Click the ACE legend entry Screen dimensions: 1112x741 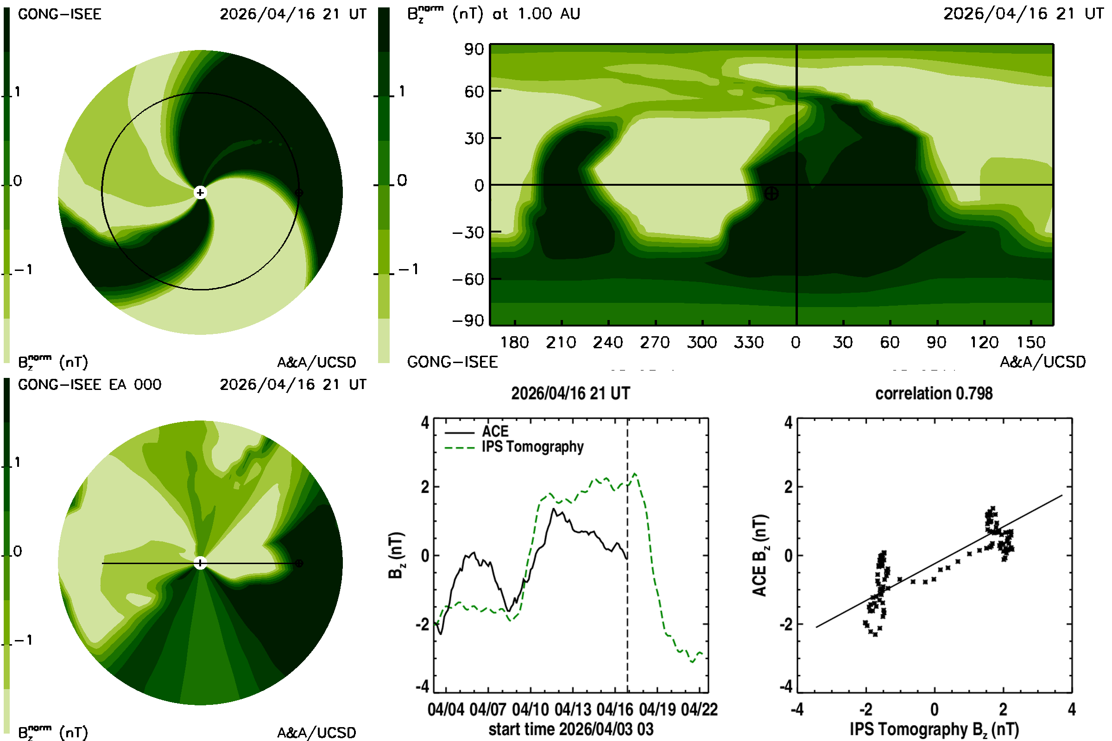[477, 432]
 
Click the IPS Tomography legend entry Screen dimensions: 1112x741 [514, 447]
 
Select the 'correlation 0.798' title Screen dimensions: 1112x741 [934, 394]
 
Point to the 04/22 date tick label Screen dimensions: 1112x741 [699, 710]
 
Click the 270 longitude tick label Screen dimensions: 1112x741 [655, 342]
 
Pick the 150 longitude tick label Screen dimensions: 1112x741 [1031, 342]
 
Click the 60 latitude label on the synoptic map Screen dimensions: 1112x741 [474, 91]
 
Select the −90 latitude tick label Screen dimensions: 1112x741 [468, 320]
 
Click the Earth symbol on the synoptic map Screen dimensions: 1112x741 [771, 193]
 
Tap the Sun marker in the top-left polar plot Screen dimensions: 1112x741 [201, 192]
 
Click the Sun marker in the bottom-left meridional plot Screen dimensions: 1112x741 [201, 563]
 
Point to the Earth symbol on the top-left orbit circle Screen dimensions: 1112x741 [299, 192]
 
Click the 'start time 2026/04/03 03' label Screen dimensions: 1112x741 [571, 729]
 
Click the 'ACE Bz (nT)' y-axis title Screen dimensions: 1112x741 [759, 555]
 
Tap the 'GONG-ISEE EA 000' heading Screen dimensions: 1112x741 [90, 385]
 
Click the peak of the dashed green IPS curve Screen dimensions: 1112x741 [634, 473]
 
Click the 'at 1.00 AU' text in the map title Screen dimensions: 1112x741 [537, 14]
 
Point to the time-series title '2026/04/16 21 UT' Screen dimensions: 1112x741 [571, 394]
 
